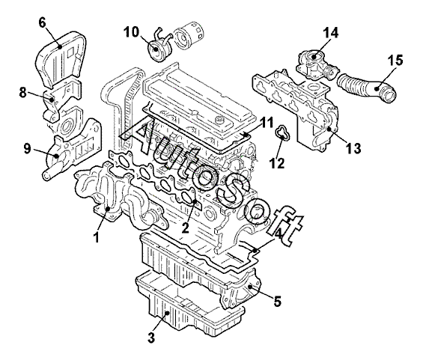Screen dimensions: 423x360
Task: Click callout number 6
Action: coord(43,23)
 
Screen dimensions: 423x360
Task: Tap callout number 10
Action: coord(131,32)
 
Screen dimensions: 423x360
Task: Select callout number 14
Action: coord(330,33)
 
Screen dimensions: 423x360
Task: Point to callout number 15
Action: coord(395,60)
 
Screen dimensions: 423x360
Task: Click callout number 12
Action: coord(277,163)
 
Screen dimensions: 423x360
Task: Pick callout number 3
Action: coord(151,338)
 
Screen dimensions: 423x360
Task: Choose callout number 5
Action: coord(278,301)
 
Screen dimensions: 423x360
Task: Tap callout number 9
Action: coord(27,149)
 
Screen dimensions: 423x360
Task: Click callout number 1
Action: coord(96,237)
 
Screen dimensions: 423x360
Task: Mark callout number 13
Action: coord(353,148)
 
